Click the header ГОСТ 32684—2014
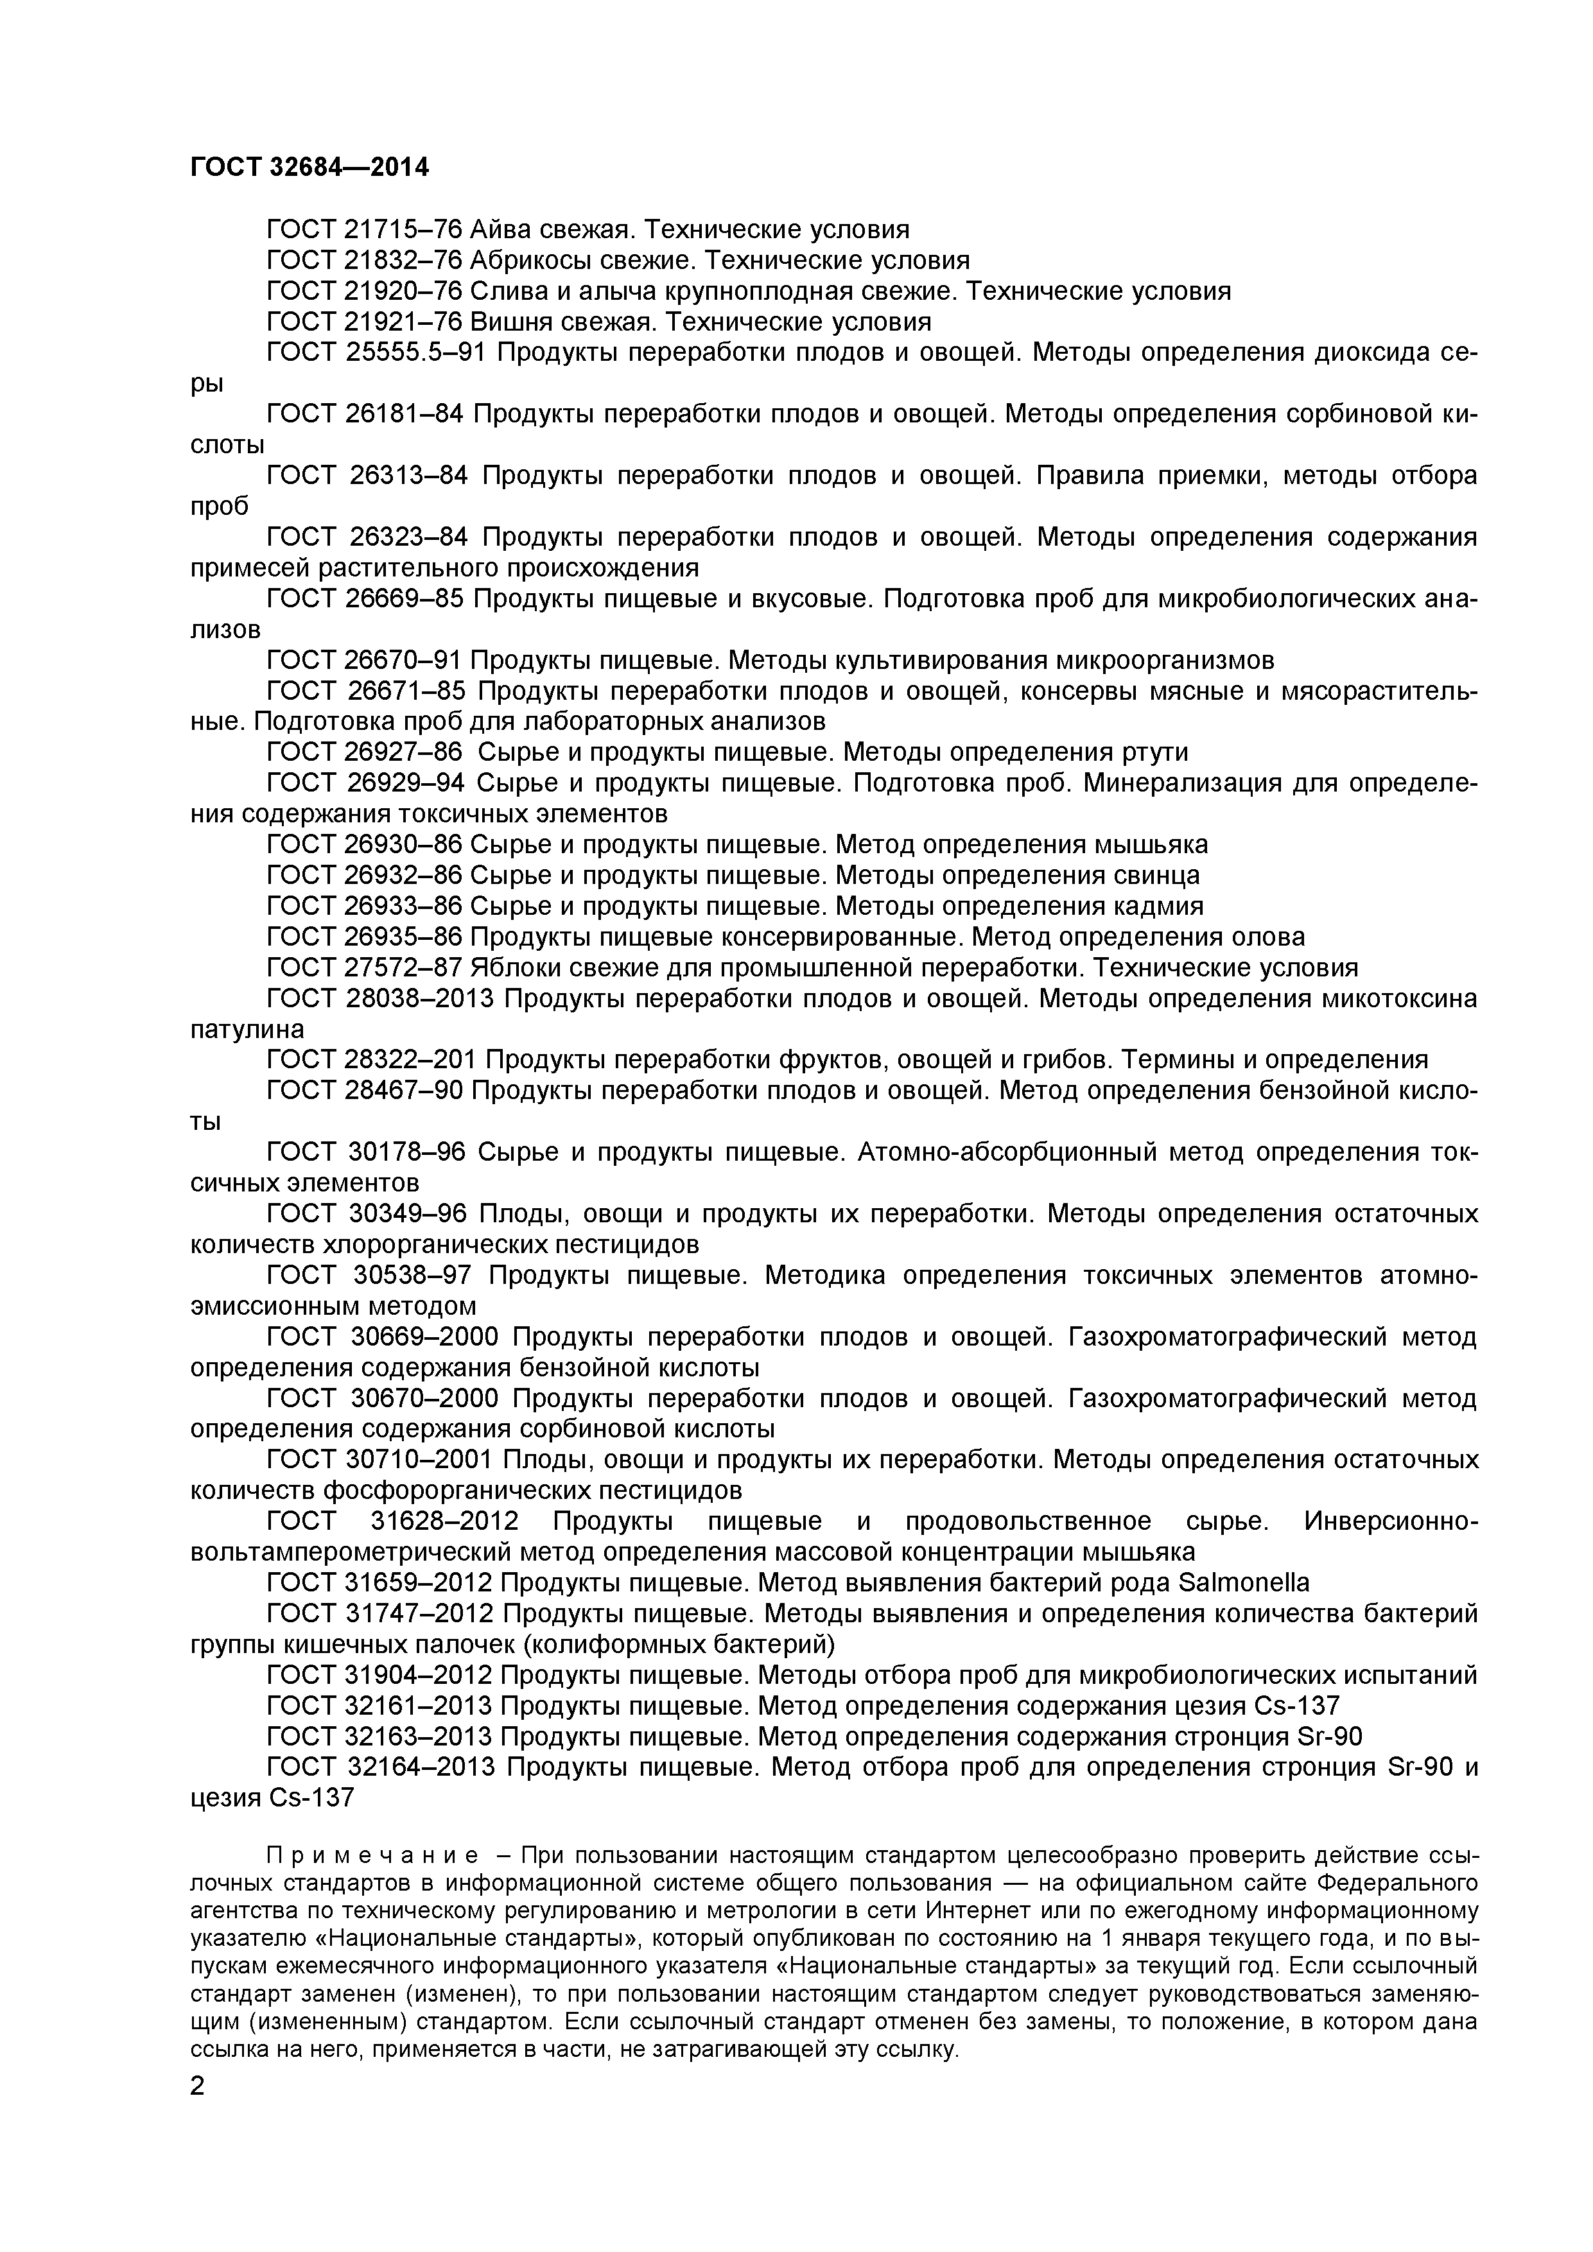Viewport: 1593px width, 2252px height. coord(309,168)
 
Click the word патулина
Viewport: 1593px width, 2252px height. coord(247,1030)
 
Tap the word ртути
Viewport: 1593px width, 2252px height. coord(1154,752)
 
